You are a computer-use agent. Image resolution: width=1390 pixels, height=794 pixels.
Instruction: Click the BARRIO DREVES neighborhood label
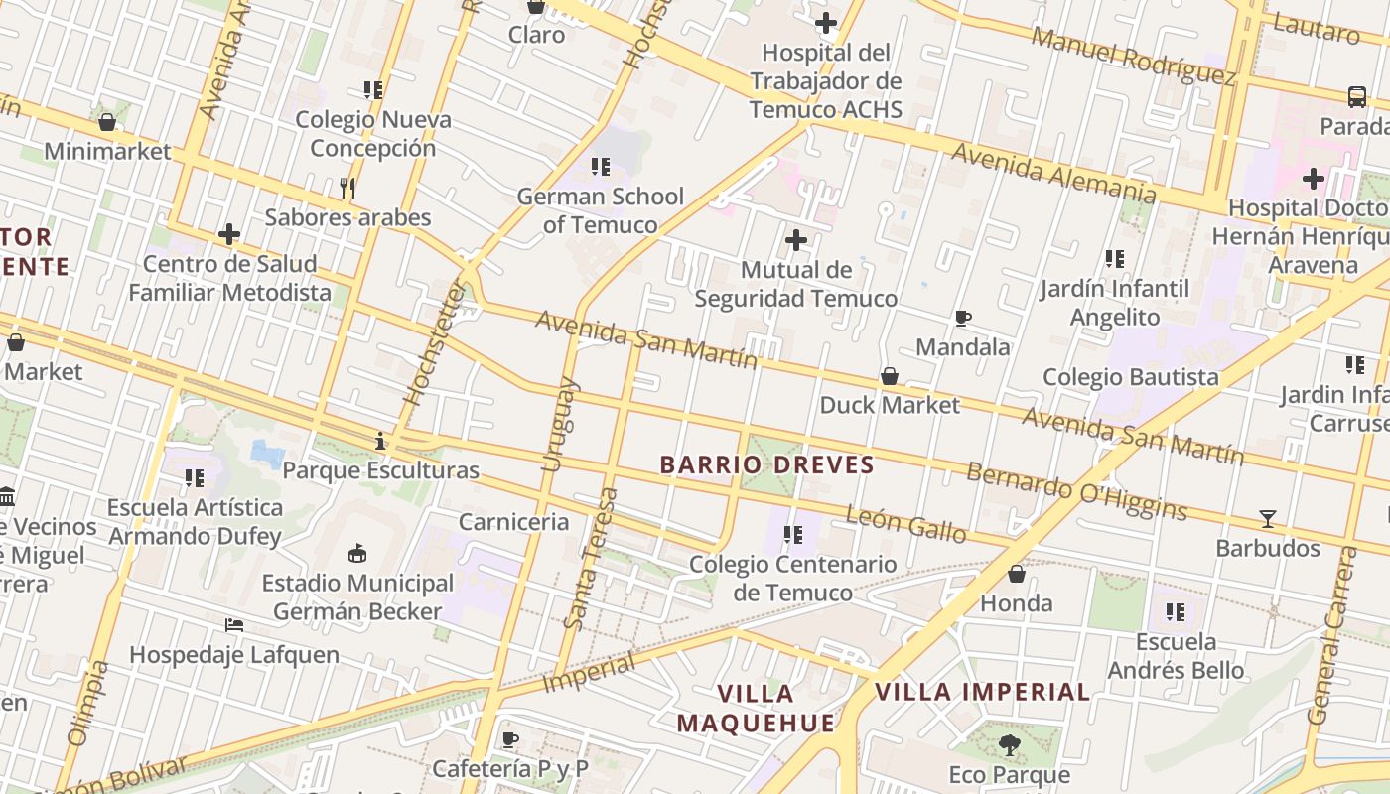pos(766,464)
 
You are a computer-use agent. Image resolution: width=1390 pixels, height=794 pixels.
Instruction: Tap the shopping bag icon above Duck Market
pos(890,377)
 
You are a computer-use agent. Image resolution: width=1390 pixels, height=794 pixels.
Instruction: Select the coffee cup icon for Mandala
pos(962,319)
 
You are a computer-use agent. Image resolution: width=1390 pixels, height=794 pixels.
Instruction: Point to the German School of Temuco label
pos(600,210)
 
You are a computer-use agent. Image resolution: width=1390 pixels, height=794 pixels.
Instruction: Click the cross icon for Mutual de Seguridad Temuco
pos(795,240)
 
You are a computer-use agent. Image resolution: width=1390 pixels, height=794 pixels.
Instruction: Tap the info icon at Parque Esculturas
pos(379,441)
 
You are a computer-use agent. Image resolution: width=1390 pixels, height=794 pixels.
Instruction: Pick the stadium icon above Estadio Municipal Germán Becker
pos(357,553)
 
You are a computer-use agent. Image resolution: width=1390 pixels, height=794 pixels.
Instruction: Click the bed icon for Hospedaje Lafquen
pos(234,625)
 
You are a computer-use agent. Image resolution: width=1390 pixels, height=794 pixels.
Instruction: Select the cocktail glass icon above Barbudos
pos(1268,519)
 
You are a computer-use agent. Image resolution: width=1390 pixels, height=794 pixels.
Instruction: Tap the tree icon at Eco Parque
pos(1010,745)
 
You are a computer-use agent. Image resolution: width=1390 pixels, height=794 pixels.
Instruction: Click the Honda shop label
pos(1016,603)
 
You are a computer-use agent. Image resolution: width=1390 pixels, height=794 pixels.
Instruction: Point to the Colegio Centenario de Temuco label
pos(792,579)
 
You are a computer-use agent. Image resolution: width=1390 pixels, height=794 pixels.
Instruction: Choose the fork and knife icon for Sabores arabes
pos(347,188)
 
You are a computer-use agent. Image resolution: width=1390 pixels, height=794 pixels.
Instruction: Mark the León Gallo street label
pos(905,524)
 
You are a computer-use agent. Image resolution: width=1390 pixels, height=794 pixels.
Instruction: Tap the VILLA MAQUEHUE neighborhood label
pos(756,708)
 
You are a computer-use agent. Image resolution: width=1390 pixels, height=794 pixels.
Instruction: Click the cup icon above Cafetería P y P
pos(510,739)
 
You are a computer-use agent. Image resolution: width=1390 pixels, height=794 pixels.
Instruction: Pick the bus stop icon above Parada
pos(1357,97)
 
